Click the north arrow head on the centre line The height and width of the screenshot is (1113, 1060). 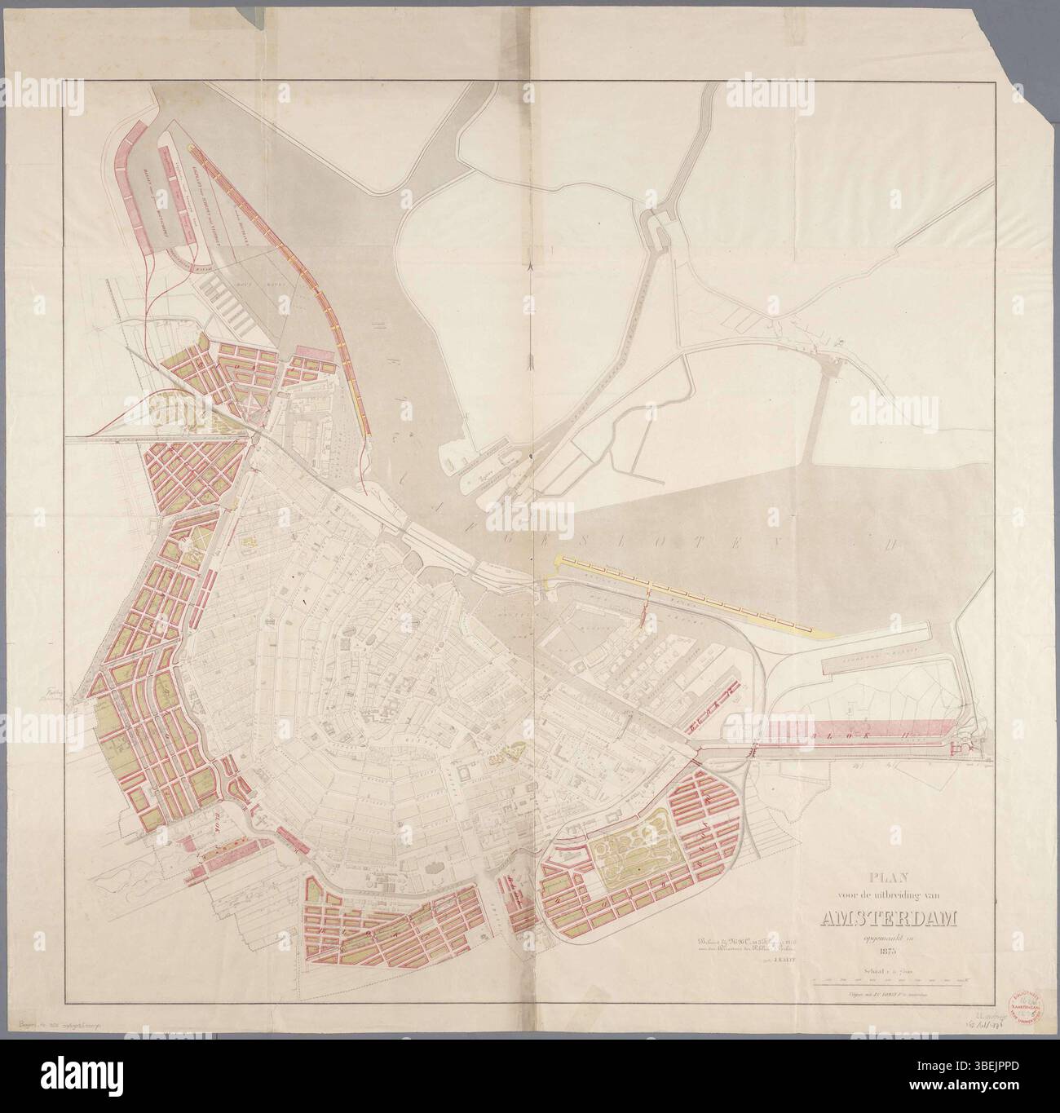[x=532, y=266]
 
